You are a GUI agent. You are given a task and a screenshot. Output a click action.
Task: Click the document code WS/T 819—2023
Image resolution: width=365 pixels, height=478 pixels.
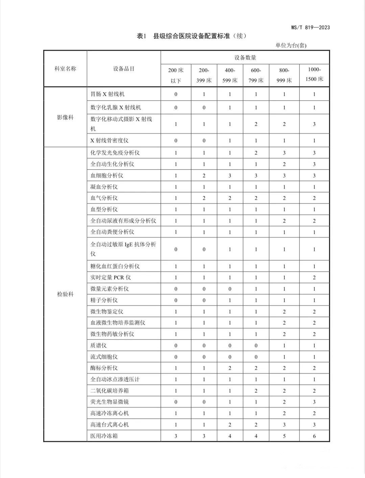click(310, 27)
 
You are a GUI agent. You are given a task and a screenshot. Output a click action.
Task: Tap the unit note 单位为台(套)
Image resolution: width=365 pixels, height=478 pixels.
click(291, 45)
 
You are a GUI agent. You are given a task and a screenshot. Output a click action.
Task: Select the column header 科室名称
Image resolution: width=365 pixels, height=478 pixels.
click(65, 69)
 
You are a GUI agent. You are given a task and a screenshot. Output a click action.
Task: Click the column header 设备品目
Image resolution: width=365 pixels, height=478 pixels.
click(124, 69)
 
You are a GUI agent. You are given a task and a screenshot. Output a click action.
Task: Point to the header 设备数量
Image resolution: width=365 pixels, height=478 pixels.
click(245, 58)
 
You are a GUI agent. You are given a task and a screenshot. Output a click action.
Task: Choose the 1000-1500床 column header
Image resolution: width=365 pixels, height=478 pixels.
click(314, 74)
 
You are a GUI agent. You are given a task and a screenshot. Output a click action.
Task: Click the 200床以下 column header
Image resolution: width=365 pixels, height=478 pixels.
click(176, 75)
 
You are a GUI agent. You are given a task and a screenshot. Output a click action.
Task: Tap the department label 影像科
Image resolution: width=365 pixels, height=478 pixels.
click(65, 117)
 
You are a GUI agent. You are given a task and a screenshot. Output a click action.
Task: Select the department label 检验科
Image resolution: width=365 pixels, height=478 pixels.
click(65, 294)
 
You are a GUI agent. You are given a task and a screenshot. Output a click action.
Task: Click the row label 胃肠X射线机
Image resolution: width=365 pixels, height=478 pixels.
click(107, 94)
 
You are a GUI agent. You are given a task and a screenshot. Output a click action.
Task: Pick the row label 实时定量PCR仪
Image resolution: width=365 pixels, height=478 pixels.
click(111, 278)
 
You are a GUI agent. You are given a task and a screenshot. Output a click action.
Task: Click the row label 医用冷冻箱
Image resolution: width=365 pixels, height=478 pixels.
click(104, 436)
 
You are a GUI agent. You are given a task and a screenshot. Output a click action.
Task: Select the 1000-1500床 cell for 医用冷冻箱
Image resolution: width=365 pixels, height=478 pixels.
click(314, 436)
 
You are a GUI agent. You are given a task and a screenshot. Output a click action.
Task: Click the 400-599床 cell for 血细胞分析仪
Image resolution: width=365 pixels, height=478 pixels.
click(230, 175)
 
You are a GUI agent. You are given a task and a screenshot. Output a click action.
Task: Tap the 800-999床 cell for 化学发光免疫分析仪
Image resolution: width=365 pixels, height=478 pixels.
click(284, 153)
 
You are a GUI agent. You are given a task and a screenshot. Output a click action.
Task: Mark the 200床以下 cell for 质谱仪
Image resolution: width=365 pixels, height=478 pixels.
click(176, 346)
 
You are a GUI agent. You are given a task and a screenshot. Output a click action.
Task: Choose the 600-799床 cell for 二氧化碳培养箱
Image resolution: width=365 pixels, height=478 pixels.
click(256, 391)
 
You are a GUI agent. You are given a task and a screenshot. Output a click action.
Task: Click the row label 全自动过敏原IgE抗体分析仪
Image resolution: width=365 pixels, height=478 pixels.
click(123, 249)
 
